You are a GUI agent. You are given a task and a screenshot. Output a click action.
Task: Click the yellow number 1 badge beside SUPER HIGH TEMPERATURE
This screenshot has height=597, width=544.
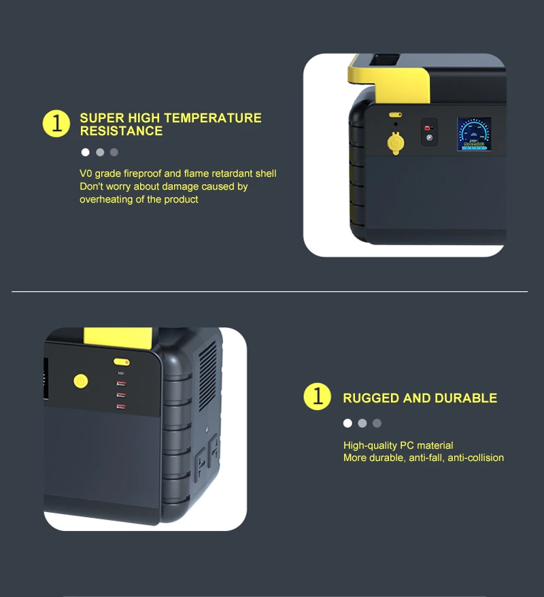coord(56,123)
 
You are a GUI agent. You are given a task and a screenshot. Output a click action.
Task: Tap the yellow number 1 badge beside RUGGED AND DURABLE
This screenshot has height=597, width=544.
coord(317,396)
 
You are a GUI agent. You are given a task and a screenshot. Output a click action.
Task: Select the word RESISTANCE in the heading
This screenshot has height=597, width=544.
coord(121,131)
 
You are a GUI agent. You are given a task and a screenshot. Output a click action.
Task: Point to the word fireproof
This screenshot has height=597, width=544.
coord(143,173)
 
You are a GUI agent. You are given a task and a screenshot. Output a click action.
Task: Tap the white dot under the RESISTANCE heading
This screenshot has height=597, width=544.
coord(85,152)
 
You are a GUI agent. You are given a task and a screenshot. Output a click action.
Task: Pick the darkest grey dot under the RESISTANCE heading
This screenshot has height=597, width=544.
coord(114,152)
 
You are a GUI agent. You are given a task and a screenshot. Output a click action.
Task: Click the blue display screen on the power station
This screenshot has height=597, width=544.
coord(473,134)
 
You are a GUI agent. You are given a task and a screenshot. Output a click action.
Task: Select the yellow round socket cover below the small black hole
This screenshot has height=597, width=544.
coord(396,143)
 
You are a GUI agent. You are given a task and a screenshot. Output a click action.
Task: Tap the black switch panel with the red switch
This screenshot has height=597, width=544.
coord(429,132)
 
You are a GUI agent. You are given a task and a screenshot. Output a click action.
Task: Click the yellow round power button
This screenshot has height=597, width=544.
coord(81,381)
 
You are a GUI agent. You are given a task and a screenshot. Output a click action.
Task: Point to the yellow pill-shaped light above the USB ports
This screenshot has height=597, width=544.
coord(122,362)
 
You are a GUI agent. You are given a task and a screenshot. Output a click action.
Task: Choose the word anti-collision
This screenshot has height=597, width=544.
coord(475,458)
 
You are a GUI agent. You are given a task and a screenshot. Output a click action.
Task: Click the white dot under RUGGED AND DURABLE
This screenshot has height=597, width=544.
coord(347,424)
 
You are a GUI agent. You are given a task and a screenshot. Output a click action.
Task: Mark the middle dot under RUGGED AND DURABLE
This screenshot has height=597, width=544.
coord(362,424)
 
